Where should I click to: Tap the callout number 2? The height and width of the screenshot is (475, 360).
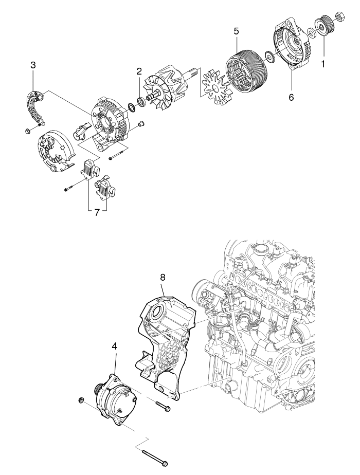(139, 71)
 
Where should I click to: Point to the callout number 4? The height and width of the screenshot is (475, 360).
(115, 346)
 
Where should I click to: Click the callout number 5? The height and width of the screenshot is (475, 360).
(236, 31)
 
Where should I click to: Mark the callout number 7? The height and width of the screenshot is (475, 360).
(97, 212)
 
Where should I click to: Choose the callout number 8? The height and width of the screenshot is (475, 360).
(163, 277)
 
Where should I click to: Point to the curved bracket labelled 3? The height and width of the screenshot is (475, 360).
(35, 105)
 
